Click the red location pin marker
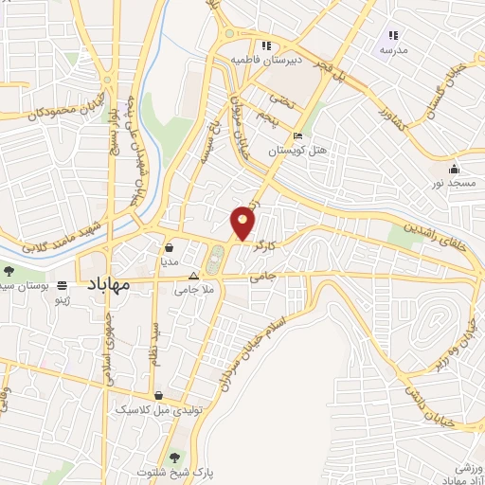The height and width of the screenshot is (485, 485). (243, 222)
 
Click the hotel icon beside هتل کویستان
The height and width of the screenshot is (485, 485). (298, 136)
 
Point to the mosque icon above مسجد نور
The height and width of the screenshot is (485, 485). (440, 168)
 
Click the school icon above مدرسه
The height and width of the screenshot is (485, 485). (393, 35)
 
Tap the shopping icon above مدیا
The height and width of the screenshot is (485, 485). (170, 248)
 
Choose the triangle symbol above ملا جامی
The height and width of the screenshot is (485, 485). (194, 277)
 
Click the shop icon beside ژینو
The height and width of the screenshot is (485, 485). (63, 285)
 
